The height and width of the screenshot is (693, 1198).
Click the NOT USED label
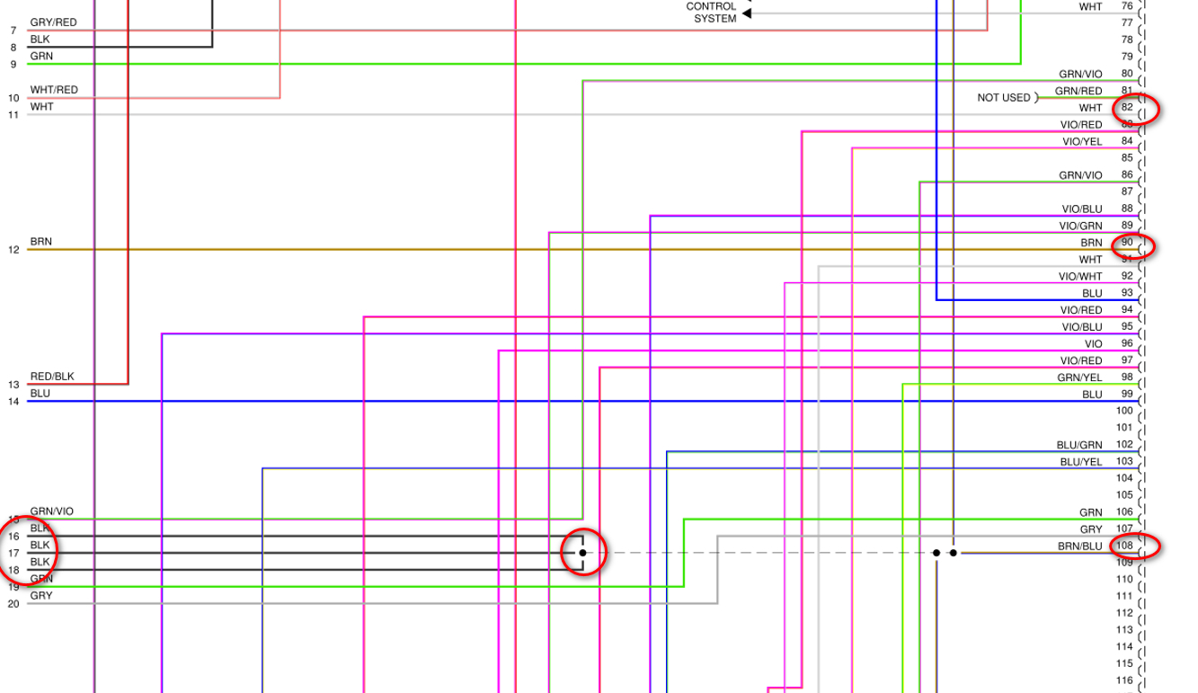tap(1004, 97)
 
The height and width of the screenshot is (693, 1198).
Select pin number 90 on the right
tap(1127, 243)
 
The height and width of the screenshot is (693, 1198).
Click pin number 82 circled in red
tap(1127, 108)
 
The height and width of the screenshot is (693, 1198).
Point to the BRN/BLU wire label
tap(1079, 546)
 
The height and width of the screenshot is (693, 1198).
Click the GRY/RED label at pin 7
tap(53, 22)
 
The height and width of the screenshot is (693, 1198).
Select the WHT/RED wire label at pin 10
tap(54, 90)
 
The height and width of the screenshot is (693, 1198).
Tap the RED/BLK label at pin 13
tap(52, 377)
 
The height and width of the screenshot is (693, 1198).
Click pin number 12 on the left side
tap(13, 250)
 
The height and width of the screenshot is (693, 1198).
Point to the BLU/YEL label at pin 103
tap(1080, 462)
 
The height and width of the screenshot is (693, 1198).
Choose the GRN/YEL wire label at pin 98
tap(1079, 378)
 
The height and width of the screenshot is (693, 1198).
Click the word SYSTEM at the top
tap(715, 19)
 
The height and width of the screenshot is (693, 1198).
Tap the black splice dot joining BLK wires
tap(582, 553)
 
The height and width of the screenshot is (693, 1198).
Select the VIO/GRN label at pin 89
tap(1080, 226)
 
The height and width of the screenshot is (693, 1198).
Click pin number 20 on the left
tap(13, 604)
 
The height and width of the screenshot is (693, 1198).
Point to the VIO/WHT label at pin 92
tap(1080, 276)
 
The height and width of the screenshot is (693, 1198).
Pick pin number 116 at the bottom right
tap(1124, 680)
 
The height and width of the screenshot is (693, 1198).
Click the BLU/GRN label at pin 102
tap(1079, 445)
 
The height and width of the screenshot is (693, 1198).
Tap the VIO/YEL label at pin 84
tap(1082, 141)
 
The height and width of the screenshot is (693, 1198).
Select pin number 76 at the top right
tap(1127, 6)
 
